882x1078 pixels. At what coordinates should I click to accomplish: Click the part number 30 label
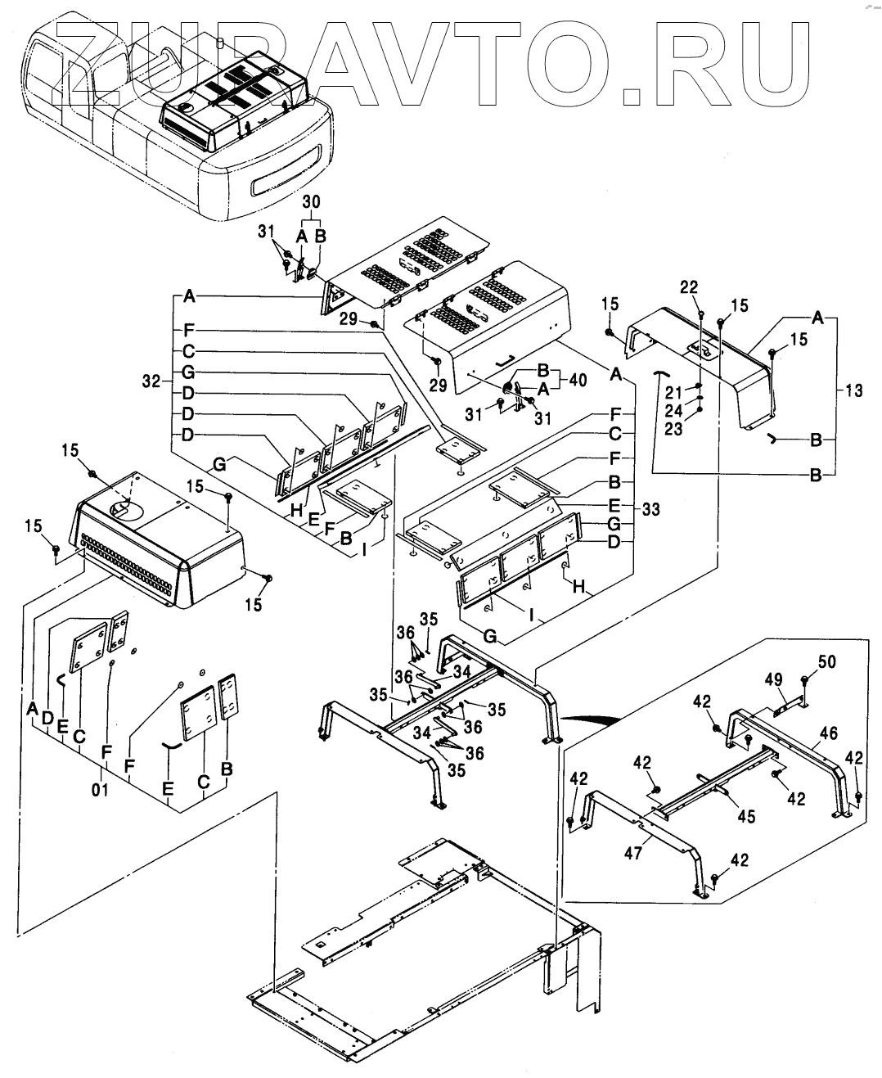[312, 201]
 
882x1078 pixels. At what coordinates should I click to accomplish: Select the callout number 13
[853, 392]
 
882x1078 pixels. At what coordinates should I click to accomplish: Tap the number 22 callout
[689, 286]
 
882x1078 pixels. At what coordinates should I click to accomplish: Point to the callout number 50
[827, 661]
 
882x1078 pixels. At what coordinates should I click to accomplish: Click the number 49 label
[774, 679]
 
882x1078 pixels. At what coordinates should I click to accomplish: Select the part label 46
[829, 733]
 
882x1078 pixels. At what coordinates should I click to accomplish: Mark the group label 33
[650, 509]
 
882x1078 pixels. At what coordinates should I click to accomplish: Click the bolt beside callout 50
[805, 682]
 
